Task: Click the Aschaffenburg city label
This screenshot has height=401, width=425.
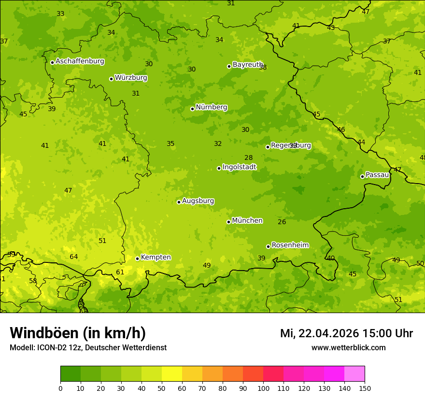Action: pos(80,61)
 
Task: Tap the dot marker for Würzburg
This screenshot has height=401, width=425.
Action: pos(111,79)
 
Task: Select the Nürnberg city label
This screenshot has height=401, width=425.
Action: pos(211,107)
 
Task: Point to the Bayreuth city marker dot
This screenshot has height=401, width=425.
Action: pos(229,66)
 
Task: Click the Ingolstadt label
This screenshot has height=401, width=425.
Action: pos(239,167)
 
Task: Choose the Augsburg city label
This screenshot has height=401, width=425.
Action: pos(198,201)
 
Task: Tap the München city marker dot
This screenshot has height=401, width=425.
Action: pos(228,222)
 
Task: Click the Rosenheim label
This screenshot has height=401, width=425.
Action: pos(290,245)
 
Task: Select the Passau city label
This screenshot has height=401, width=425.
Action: pos(377,175)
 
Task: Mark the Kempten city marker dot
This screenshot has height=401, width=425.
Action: pos(137,258)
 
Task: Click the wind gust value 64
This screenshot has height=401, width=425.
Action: pos(73,257)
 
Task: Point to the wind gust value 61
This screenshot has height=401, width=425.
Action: pos(120,272)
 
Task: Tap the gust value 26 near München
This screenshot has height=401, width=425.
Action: pos(282,222)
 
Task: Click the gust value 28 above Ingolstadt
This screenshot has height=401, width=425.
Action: pos(248,158)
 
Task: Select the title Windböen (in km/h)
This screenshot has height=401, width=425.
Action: pos(78,333)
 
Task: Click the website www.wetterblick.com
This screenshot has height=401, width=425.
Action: pos(348,348)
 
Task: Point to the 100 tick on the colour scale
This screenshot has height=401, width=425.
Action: pos(263,388)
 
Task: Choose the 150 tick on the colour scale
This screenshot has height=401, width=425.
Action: pos(365,388)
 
